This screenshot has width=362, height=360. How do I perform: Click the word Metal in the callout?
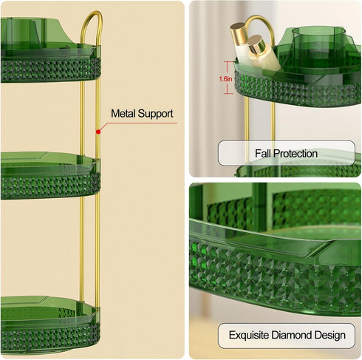123,114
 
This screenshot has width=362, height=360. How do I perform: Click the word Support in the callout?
155,114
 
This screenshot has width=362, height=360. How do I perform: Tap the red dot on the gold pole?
98,132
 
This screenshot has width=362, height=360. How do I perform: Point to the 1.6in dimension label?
225,79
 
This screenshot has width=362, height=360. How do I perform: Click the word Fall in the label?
263,154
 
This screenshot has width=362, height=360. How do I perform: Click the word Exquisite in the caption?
249,335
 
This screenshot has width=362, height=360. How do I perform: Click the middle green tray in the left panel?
50,175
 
